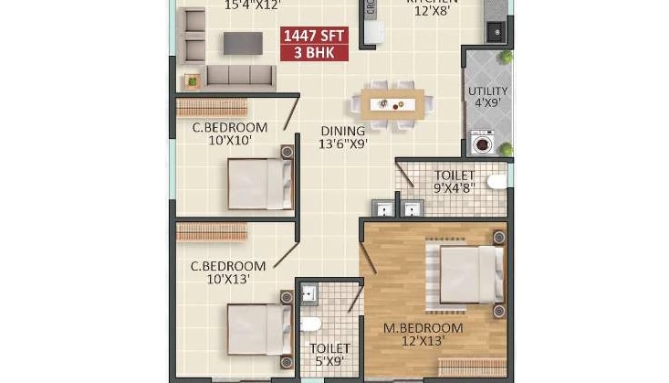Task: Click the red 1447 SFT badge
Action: coord(315,37)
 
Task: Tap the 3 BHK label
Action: coord(315,53)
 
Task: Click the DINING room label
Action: coord(342,131)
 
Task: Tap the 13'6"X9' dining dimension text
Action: coord(342,144)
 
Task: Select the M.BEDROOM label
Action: coord(423,327)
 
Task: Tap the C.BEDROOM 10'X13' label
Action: coord(228,272)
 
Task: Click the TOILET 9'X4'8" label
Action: coord(454,181)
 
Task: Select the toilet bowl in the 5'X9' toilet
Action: coord(310,324)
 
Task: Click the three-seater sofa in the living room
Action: coord(240,76)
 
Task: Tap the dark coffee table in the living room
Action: coord(243,42)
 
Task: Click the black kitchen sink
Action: coord(496,30)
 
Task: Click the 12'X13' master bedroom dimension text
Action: coord(423,341)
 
